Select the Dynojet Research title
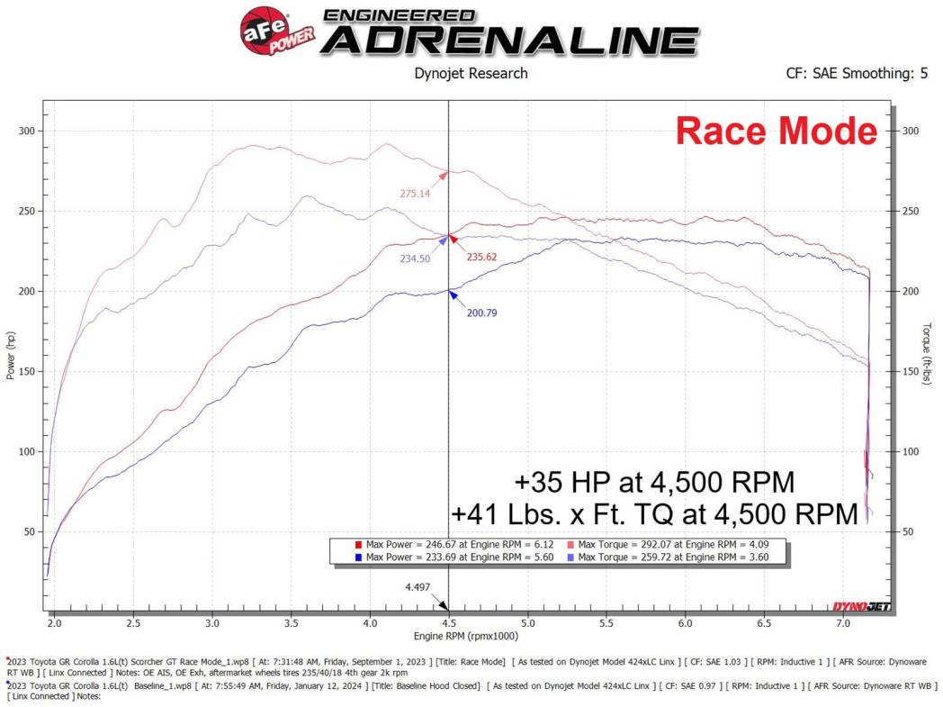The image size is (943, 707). [x=471, y=73]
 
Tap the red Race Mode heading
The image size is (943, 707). [x=776, y=131]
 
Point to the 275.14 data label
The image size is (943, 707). [x=415, y=193]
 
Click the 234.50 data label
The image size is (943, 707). [x=415, y=258]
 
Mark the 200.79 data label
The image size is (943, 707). [x=481, y=313]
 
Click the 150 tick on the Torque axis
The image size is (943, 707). [x=910, y=372]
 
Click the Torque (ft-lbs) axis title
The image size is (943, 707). [x=927, y=356]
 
